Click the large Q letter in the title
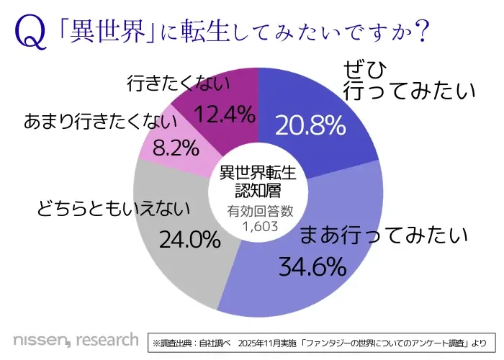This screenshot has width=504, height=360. click(28, 32)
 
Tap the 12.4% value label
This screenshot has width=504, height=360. click(224, 113)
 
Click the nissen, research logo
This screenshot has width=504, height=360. click(76, 339)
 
